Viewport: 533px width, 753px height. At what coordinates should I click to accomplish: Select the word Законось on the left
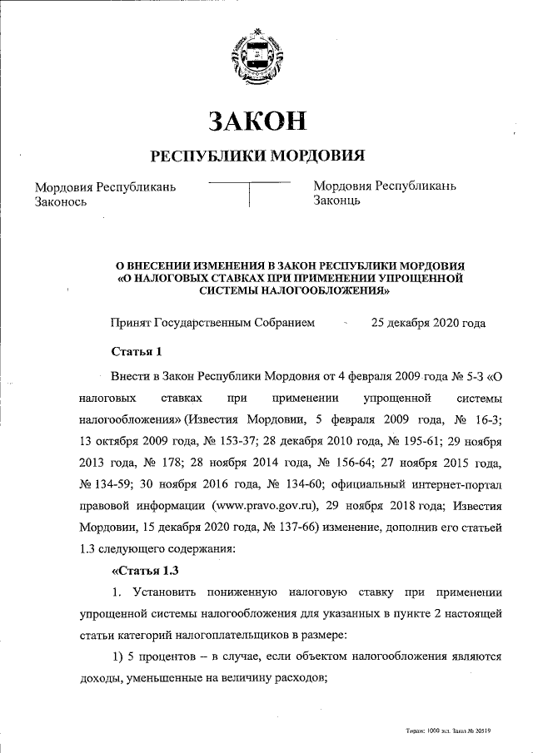(61, 201)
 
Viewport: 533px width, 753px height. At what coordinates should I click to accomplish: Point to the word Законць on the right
(336, 201)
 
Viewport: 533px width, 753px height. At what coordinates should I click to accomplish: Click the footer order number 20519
(480, 731)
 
